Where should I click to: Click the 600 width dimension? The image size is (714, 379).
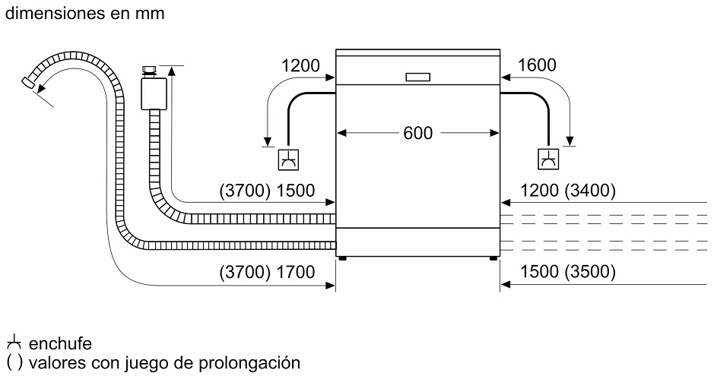(417, 133)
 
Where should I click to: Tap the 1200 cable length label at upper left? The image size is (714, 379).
(300, 65)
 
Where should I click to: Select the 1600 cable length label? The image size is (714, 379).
(536, 65)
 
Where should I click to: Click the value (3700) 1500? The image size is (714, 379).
(266, 191)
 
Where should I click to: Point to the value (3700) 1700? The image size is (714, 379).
(266, 273)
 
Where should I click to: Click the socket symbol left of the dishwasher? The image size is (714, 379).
(287, 159)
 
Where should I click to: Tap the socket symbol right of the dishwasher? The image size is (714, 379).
(547, 159)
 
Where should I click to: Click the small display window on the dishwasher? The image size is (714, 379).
(417, 77)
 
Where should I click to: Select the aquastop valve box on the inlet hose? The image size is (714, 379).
(154, 94)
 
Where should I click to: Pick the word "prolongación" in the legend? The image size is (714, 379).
(253, 362)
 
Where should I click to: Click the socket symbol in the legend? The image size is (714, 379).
(13, 344)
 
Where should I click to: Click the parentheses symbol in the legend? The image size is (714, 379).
(13, 362)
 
